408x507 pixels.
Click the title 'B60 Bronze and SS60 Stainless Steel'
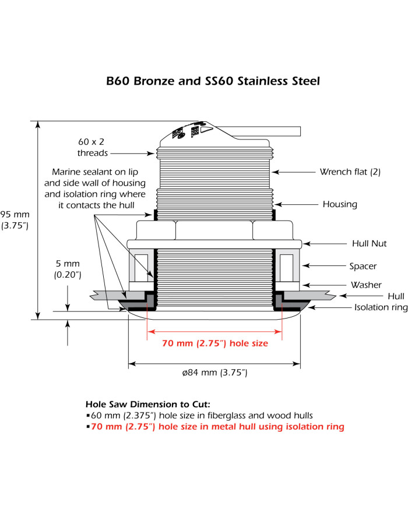click(x=213, y=81)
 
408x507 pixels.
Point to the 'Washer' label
click(x=367, y=285)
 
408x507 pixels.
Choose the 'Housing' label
click(x=340, y=204)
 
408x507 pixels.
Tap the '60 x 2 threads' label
click(x=93, y=147)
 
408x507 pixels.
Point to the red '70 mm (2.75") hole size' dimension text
click(x=215, y=344)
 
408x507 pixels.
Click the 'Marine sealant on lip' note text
click(x=93, y=173)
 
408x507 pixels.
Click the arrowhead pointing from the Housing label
click(x=277, y=204)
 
